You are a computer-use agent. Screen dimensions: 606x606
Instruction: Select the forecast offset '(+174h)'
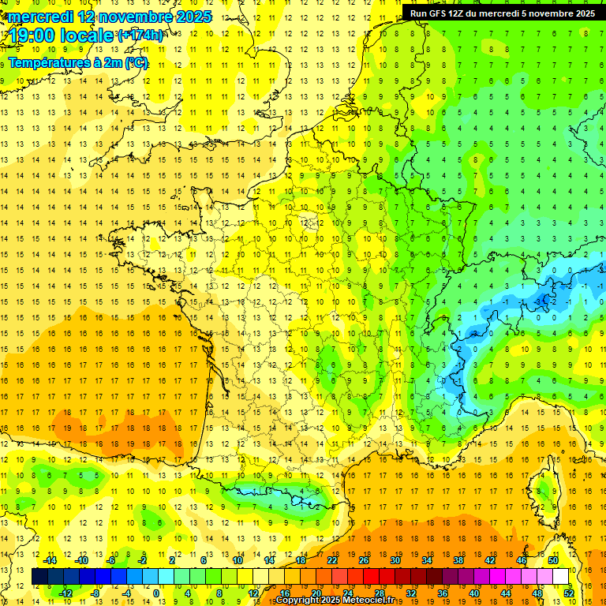140,36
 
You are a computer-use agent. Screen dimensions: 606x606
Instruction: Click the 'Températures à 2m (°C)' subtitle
77,62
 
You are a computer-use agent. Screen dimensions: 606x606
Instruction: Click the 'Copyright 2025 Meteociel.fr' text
335,600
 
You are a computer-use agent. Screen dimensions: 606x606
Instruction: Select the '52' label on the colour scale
568,593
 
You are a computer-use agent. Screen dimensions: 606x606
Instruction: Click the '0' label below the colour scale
156,593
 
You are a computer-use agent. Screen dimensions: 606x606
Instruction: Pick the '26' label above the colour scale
364,560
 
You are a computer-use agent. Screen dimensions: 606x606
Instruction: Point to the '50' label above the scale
552,560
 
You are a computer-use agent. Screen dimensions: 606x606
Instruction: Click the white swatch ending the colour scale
561,577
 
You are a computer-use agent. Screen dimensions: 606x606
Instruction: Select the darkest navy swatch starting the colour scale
39,577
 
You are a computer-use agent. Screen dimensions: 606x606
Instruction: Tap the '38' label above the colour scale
458,560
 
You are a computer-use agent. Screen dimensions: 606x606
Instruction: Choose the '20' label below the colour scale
316,593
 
